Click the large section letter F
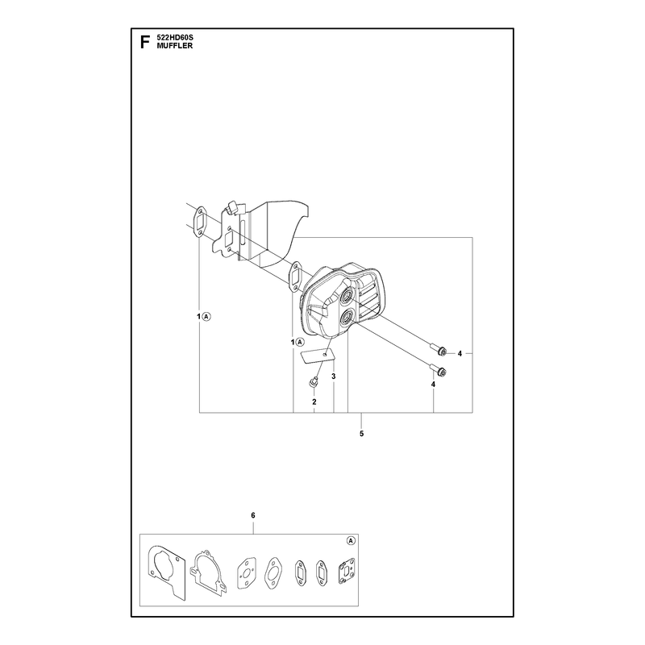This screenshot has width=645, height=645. [x=144, y=43]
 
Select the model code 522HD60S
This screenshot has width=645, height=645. [x=175, y=38]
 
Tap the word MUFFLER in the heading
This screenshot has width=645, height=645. [x=174, y=46]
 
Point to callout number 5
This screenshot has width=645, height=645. [x=361, y=434]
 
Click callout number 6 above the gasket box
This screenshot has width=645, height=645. [x=253, y=515]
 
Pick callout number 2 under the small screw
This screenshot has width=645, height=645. [x=314, y=402]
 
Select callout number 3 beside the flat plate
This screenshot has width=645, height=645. [x=334, y=377]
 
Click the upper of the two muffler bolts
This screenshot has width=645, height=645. [x=439, y=349]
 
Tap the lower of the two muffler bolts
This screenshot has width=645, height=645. [x=439, y=369]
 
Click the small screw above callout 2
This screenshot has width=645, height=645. [x=314, y=382]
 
